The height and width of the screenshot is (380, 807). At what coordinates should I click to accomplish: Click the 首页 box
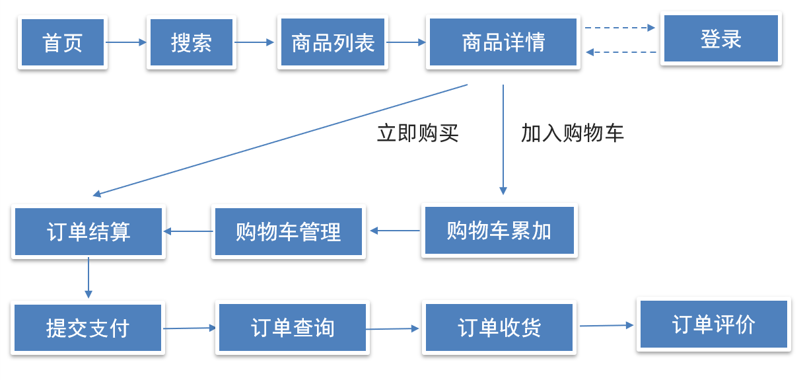(x=63, y=42)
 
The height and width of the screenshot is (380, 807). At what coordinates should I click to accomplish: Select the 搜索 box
(x=192, y=42)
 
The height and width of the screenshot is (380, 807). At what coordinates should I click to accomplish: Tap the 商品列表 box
(x=333, y=42)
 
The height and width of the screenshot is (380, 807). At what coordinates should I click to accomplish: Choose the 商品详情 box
(x=503, y=42)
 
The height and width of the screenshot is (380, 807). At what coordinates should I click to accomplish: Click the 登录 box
(x=721, y=38)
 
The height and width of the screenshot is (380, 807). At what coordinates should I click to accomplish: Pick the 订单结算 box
(x=88, y=231)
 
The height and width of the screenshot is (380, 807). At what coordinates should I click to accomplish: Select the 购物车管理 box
(x=288, y=231)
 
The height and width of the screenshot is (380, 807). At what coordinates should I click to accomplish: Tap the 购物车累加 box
(x=499, y=231)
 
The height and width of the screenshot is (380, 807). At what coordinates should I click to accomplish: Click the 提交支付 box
(x=88, y=328)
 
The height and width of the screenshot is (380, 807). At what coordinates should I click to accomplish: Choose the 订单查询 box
(x=293, y=328)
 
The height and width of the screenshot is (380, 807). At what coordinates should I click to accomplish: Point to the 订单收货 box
(x=499, y=328)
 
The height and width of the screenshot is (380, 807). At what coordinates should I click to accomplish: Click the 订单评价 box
(x=714, y=324)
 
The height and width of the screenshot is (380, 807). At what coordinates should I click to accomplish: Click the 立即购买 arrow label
(x=417, y=133)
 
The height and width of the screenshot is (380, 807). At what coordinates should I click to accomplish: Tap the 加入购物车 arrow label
(x=572, y=133)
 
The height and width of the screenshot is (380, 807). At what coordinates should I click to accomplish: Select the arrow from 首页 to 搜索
(x=126, y=42)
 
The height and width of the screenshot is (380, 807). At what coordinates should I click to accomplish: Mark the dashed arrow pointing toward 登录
(x=619, y=28)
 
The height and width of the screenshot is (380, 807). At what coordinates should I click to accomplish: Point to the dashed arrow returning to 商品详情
(x=621, y=52)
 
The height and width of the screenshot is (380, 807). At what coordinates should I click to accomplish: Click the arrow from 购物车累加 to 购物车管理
(x=394, y=231)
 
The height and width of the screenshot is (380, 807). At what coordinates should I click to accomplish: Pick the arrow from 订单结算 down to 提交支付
(x=88, y=278)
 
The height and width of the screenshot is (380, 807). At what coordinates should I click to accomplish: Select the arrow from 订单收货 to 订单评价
(x=606, y=325)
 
